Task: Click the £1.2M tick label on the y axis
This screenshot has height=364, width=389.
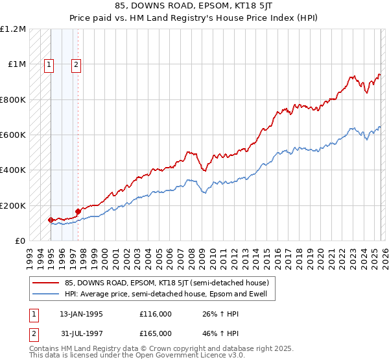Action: pos(13,29)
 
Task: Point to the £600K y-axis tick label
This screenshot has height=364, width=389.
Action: pos(13,135)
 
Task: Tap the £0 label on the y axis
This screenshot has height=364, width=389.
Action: pos(19,240)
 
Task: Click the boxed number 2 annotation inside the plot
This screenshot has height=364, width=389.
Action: pos(77,64)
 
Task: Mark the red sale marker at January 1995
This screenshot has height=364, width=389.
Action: pos(51,220)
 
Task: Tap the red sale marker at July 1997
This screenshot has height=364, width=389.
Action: pos(78,211)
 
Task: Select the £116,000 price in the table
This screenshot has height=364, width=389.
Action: pos(155,313)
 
